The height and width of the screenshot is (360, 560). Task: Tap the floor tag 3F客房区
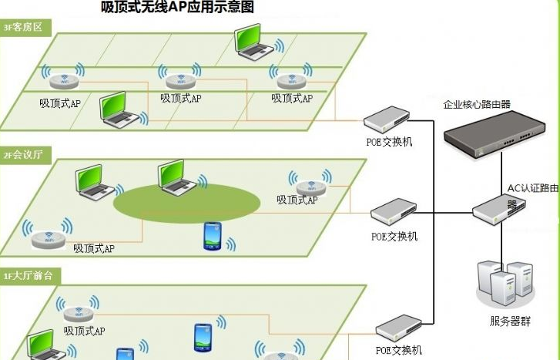[22, 29]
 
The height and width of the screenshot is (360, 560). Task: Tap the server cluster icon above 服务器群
[505, 282]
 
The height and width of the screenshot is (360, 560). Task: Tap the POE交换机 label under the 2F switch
[394, 237]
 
